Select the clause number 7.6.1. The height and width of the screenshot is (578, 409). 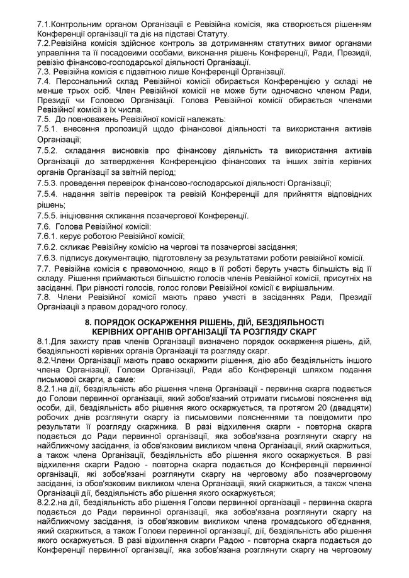click(x=47, y=237)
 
